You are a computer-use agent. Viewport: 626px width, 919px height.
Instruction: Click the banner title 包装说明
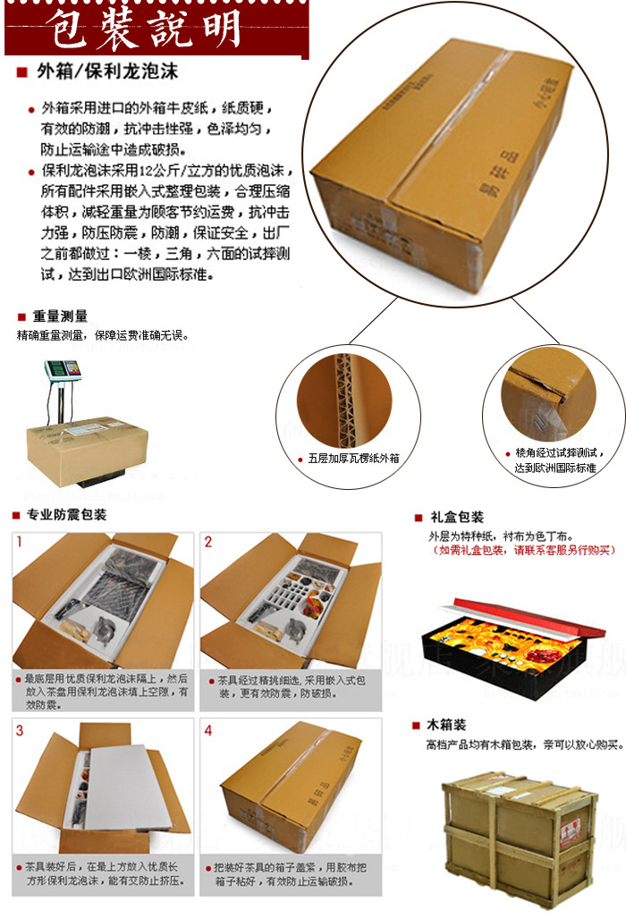[148, 29]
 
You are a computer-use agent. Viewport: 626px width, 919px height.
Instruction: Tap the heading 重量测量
[61, 316]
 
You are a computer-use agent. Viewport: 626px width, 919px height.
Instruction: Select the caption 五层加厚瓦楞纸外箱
[353, 459]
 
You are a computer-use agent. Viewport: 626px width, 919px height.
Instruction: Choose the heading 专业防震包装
[69, 515]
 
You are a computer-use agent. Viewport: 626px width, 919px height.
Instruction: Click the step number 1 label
[20, 542]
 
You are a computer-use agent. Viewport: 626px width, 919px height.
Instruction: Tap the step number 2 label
[208, 542]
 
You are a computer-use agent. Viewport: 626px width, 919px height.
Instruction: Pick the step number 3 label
[20, 730]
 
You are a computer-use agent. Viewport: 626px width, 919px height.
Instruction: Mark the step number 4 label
[208, 730]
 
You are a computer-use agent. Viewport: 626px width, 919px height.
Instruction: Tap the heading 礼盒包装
[456, 517]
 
